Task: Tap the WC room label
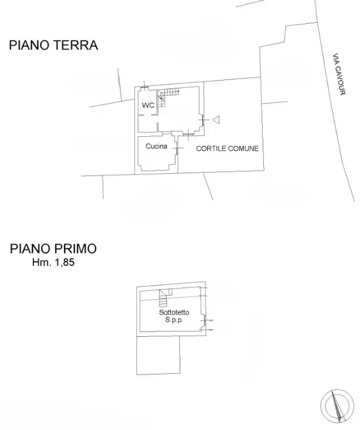click(x=148, y=106)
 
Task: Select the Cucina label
click(x=156, y=146)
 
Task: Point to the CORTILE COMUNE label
click(x=227, y=149)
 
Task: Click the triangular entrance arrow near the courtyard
click(x=216, y=120)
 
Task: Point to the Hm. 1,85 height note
click(x=54, y=262)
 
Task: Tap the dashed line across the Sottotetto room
click(x=185, y=297)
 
